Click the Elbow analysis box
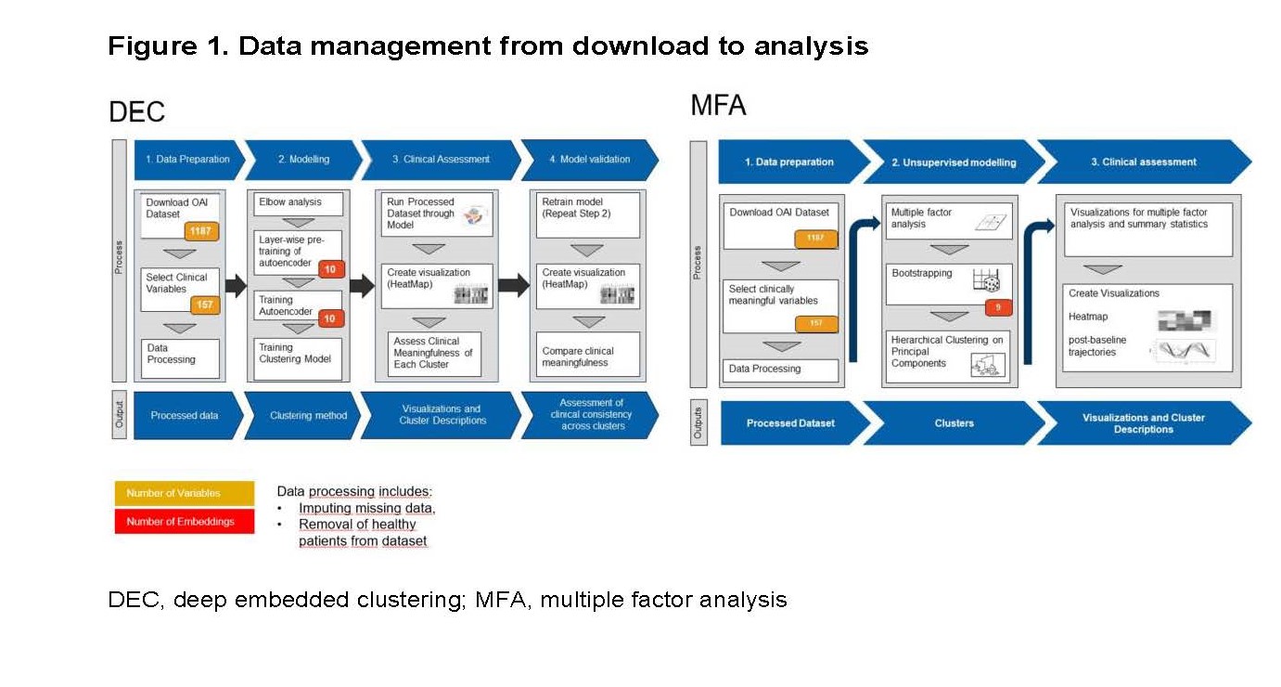[297, 203]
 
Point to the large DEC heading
[136, 112]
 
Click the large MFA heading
[718, 106]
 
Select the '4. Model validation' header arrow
[589, 160]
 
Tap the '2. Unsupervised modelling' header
[953, 162]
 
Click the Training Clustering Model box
[297, 354]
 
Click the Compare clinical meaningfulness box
[587, 356]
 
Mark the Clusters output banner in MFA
[954, 423]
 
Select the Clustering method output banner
[301, 415]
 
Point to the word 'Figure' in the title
[147, 46]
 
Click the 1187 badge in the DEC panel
[200, 230]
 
